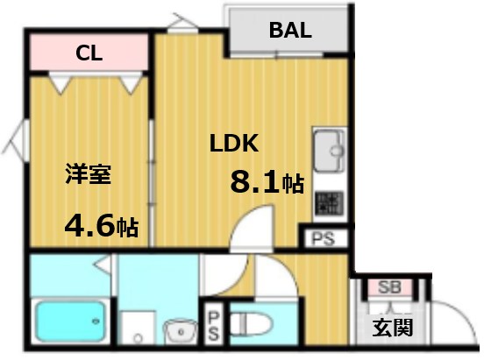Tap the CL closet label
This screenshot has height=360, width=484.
[x=89, y=53]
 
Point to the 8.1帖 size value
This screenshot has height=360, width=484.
[x=267, y=183]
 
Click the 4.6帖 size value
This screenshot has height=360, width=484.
[x=101, y=227]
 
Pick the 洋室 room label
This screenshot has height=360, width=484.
[x=87, y=173]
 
